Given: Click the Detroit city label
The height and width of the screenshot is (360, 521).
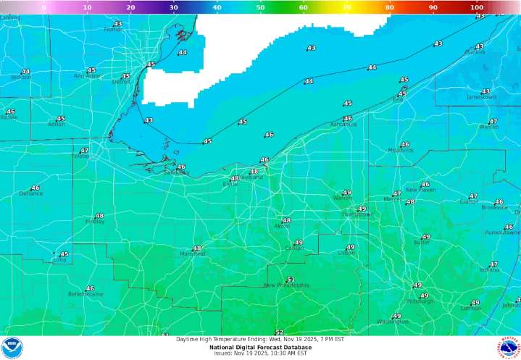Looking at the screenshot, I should coord(121,82).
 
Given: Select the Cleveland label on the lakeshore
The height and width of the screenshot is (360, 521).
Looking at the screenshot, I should coord(251,177).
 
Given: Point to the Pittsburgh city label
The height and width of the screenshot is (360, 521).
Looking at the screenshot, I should coord(420,301).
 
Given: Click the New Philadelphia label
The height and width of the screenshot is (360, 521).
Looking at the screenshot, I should coord(286,285).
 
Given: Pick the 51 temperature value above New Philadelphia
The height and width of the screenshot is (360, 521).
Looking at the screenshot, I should coord(291,279).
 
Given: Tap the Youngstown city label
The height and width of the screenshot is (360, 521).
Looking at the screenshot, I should coord(357,214).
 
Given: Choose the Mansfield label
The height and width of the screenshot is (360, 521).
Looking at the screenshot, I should coord(193,254).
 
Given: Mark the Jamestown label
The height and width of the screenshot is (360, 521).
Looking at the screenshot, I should coord(482,97).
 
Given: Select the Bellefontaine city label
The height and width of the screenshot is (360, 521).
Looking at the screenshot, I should coord(86,294).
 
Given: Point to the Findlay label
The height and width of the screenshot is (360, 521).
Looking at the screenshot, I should coord(95,222).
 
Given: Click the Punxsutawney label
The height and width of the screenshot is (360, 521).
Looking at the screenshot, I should coord(503,233).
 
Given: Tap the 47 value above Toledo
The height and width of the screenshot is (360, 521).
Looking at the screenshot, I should coord(84,150).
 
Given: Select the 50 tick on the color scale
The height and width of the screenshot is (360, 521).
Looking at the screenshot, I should coord(260,7).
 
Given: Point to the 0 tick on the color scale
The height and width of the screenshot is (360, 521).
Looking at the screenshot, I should coord(44,7).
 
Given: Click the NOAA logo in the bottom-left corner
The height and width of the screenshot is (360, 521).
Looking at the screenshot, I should coord(12,348).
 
